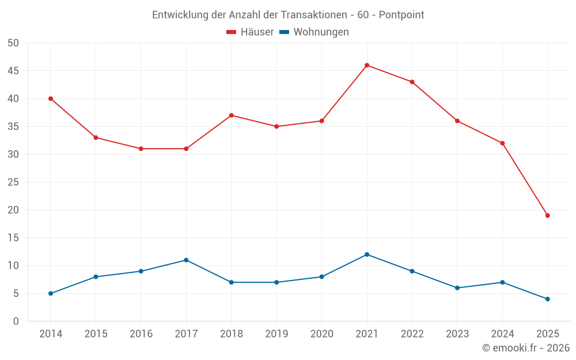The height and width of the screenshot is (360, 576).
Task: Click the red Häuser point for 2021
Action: [x=367, y=65]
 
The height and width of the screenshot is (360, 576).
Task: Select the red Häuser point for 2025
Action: [x=548, y=215]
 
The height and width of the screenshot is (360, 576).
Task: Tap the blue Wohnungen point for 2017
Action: [x=186, y=260]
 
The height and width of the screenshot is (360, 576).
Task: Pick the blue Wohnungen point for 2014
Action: [x=51, y=293]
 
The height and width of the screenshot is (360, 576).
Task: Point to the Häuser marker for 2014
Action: [x=51, y=98]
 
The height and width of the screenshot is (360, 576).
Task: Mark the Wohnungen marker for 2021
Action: [x=367, y=255]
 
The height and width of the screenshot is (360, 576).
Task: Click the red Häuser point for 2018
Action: [x=231, y=115]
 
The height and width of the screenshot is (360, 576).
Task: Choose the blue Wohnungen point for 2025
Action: [x=548, y=299]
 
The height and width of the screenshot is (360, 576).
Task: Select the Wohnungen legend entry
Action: [x=321, y=32]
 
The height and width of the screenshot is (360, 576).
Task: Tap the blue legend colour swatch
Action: [x=284, y=32]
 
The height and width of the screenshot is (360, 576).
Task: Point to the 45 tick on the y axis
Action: [x=13, y=71]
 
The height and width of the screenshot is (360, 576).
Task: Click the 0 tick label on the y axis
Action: [x=16, y=321]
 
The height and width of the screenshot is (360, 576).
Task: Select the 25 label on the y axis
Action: [x=13, y=182]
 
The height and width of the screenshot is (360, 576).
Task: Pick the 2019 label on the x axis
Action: [x=276, y=334]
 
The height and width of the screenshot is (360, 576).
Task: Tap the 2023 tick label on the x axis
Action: [x=457, y=334]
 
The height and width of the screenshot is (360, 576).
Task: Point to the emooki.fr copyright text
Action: [x=526, y=348]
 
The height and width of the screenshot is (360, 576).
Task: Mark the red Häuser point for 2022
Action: [x=412, y=82]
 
